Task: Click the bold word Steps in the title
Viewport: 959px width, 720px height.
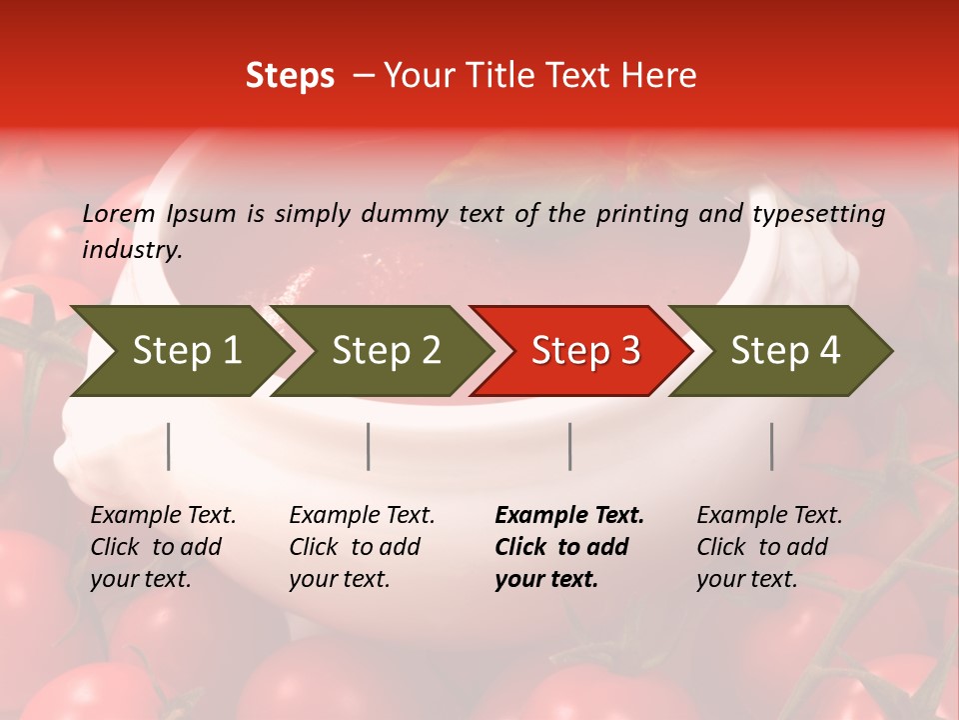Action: tap(290, 76)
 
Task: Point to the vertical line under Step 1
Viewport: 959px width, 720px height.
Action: tap(169, 446)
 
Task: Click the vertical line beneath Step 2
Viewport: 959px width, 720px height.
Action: tap(369, 446)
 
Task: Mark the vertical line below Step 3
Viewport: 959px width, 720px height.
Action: tap(570, 446)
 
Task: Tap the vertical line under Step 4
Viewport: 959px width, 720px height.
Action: tap(772, 446)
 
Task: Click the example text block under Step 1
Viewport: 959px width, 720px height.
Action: tap(163, 547)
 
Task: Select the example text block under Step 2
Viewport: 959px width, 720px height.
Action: tap(362, 547)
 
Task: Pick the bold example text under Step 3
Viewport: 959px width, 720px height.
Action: tap(568, 547)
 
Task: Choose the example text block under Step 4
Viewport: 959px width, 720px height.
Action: tap(769, 547)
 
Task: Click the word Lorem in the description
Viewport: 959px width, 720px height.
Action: tap(119, 213)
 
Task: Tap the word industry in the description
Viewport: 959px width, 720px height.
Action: tap(132, 250)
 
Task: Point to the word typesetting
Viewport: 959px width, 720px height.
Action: tap(818, 214)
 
